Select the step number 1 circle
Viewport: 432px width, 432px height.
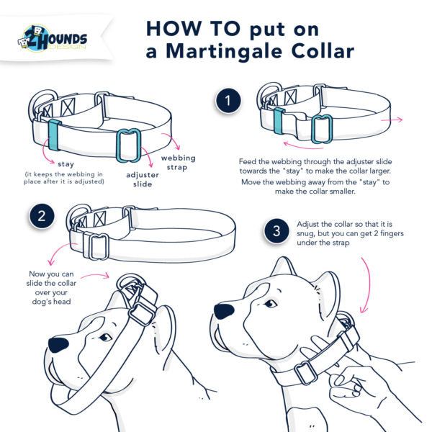pos(228,102)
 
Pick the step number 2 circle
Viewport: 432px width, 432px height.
pos(42,215)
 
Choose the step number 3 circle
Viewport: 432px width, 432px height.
pos(276,231)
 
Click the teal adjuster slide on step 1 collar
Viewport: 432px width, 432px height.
pos(322,128)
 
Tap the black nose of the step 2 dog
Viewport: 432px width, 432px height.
pos(59,344)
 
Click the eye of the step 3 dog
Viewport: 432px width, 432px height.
pos(271,303)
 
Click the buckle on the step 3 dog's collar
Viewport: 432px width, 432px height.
pos(306,372)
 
